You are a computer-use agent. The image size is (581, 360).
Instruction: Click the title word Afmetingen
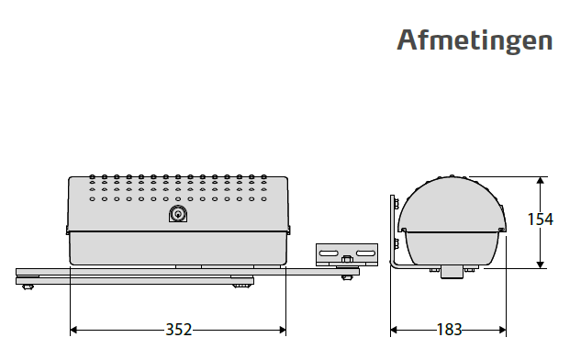pyautogui.click(x=475, y=41)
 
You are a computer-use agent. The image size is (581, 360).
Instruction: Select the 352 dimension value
pyautogui.click(x=179, y=330)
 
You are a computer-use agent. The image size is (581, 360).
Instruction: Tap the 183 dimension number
pyautogui.click(x=449, y=330)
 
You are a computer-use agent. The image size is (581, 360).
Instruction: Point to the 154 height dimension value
pyautogui.click(x=541, y=219)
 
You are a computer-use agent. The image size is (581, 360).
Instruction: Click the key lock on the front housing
pyautogui.click(x=178, y=214)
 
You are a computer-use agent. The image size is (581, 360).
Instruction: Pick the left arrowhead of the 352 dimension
pyautogui.click(x=73, y=330)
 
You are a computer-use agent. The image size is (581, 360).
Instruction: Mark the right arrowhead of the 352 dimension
pyautogui.click(x=283, y=330)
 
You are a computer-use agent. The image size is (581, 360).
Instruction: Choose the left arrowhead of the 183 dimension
pyautogui.click(x=394, y=330)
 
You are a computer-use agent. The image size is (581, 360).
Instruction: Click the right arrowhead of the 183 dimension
pyautogui.click(x=502, y=330)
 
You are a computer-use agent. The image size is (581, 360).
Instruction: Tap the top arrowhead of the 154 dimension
pyautogui.click(x=541, y=181)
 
